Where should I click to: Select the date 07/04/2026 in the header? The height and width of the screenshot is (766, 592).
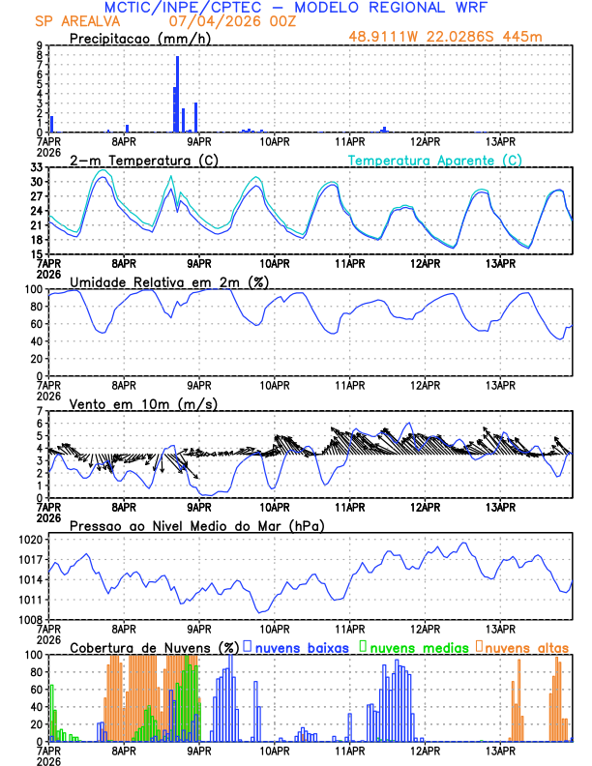pos(206,21)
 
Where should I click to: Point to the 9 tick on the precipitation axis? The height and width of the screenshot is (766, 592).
pos(39,45)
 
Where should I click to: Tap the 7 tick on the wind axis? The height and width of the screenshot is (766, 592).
pos(39,411)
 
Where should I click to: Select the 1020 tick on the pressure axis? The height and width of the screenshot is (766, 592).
pos(29,539)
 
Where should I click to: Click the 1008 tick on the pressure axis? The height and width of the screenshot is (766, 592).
pos(29,619)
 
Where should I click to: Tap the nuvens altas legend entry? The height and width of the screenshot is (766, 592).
pos(523,646)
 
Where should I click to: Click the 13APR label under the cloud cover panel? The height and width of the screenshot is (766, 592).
pos(499,750)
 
